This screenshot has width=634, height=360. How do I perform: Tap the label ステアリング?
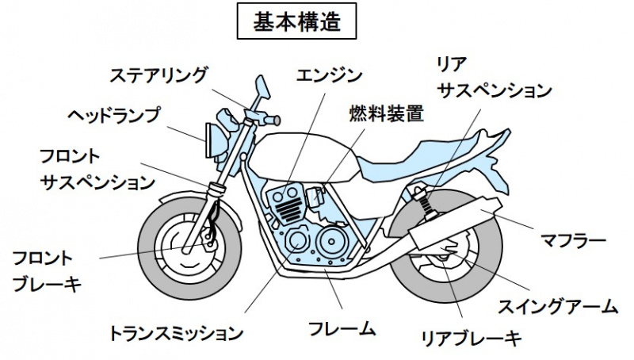158,75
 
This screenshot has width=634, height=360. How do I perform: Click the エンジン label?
329,75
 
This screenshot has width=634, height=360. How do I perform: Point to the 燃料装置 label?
386,114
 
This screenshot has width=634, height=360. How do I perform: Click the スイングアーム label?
557,305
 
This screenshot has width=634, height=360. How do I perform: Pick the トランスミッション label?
175,331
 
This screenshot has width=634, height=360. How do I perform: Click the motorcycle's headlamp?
213,140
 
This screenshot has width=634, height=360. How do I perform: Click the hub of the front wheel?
189,245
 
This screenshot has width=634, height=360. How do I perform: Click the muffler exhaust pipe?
452,225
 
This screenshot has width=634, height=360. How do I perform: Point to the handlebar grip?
273,121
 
